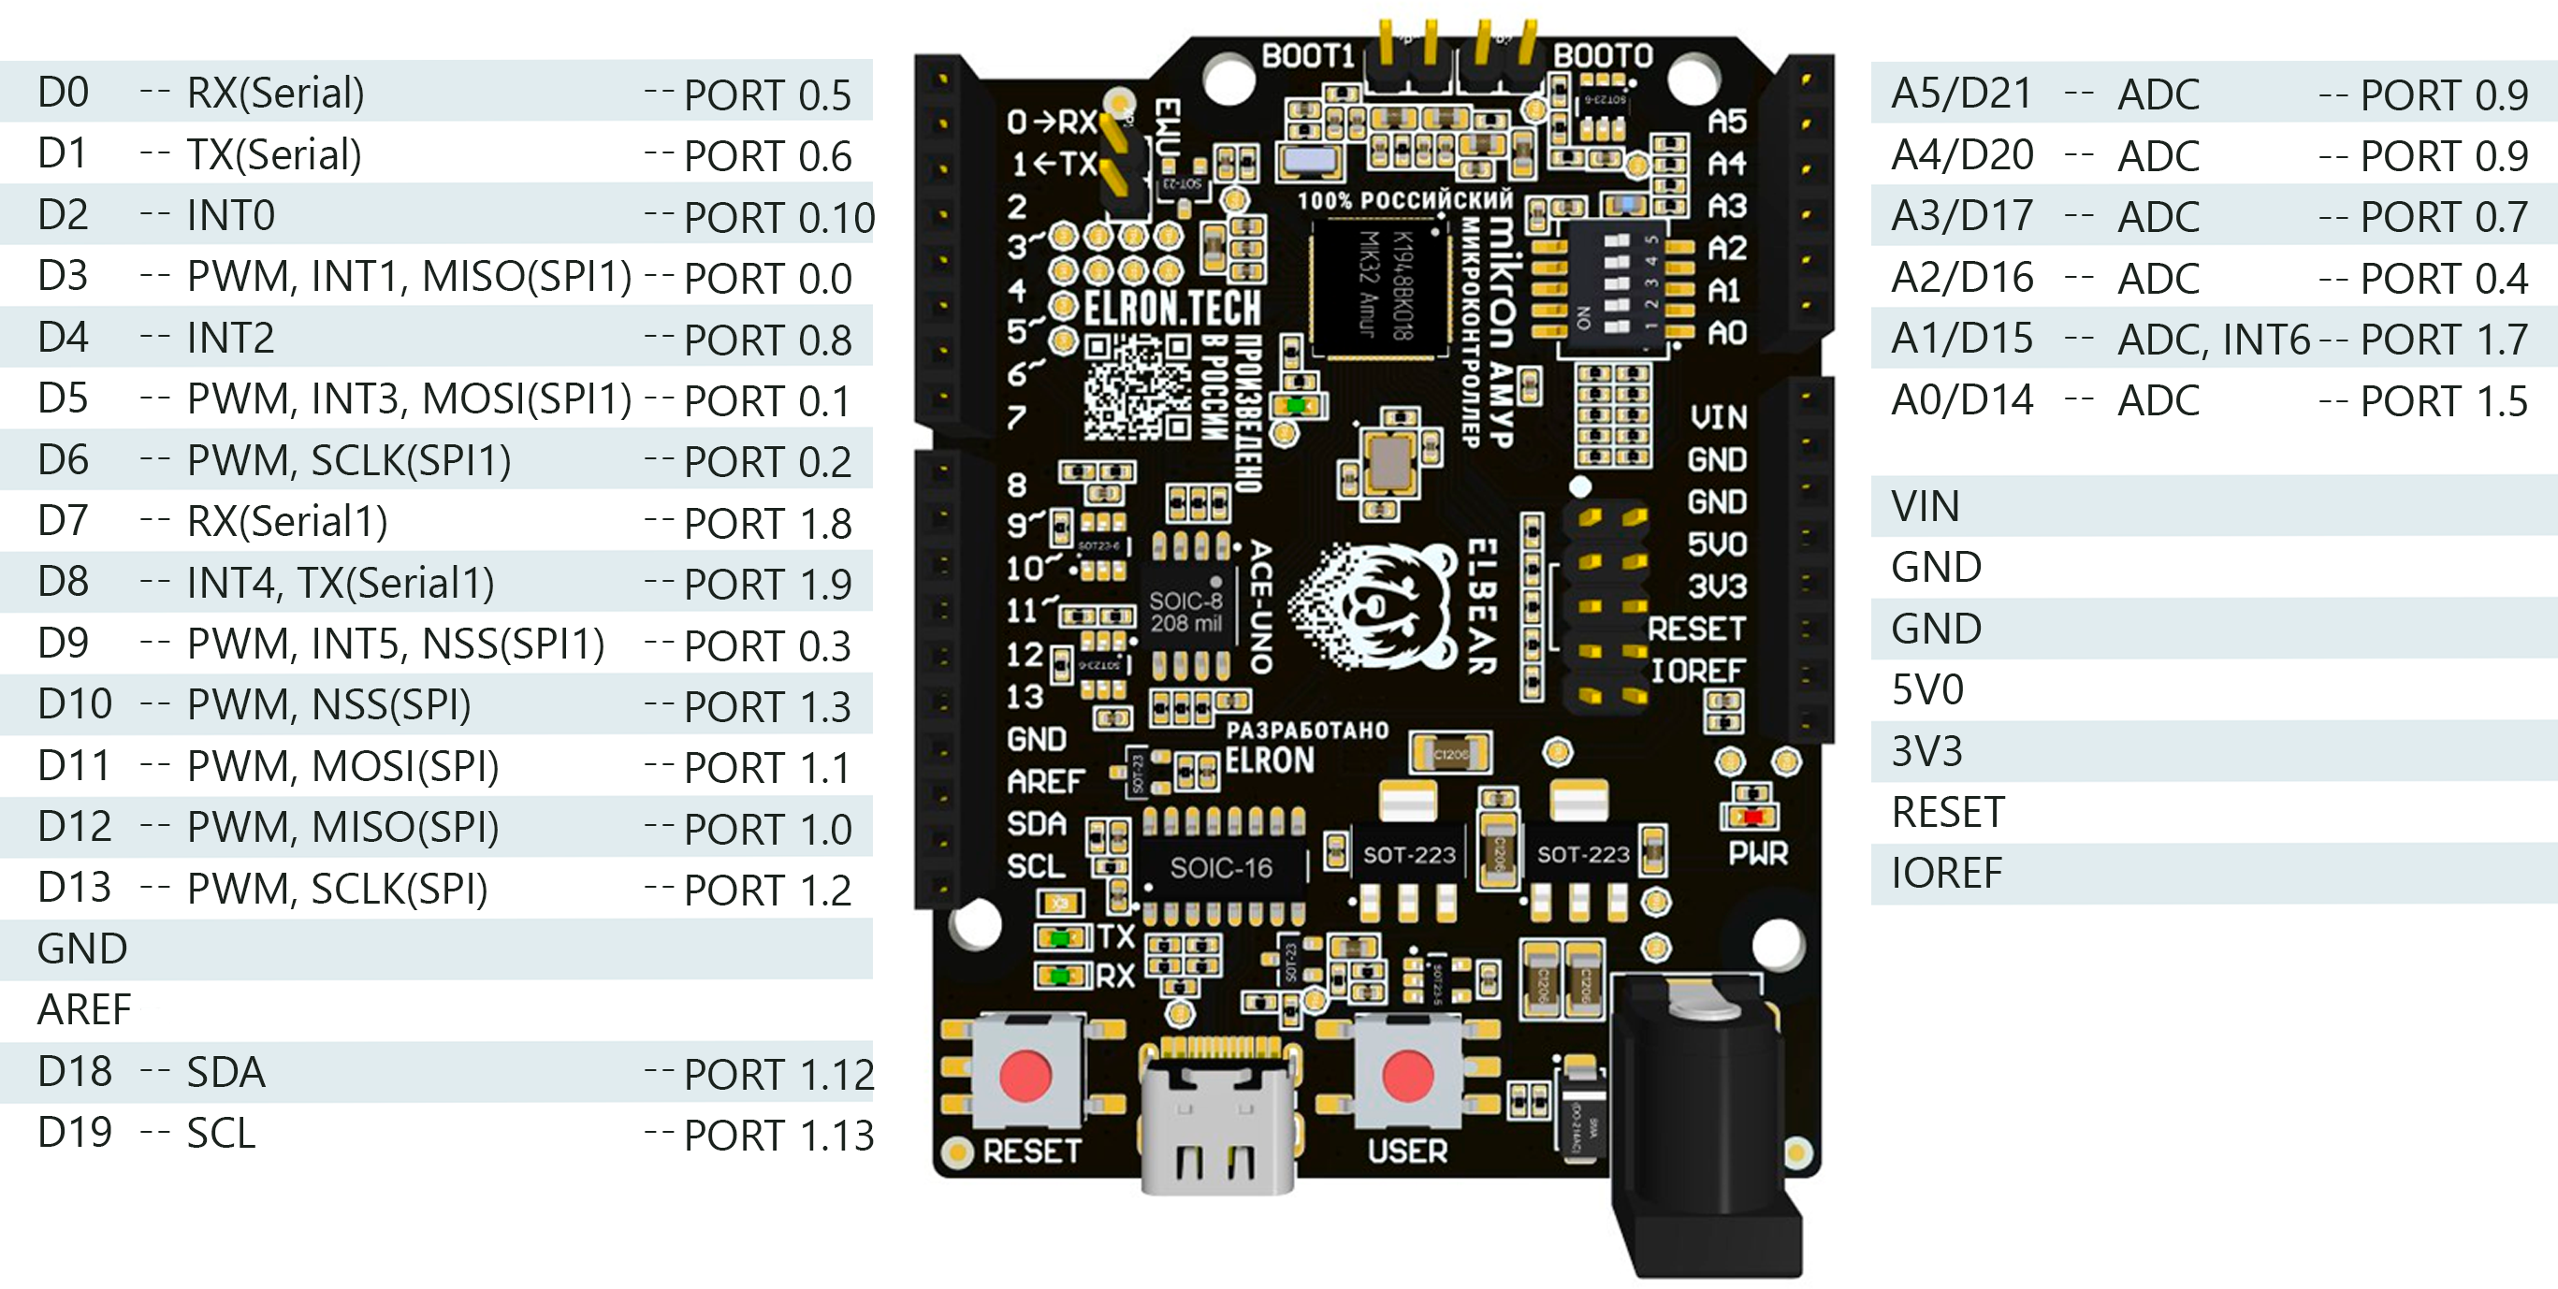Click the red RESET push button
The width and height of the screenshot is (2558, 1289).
click(x=1025, y=1076)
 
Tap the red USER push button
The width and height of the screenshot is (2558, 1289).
click(x=1407, y=1076)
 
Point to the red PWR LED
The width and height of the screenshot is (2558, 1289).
click(x=1752, y=817)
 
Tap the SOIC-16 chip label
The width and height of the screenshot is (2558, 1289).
click(x=1220, y=868)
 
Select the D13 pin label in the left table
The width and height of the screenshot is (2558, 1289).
click(x=74, y=888)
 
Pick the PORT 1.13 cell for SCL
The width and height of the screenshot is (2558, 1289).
click(x=778, y=1135)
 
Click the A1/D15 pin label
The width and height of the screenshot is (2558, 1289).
click(x=1961, y=339)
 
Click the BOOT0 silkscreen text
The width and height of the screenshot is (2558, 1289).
click(x=1603, y=55)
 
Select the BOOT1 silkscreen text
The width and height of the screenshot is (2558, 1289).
click(x=1307, y=55)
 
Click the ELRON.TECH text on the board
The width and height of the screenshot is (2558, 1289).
click(x=1171, y=309)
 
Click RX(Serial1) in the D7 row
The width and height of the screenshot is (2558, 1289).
click(x=287, y=521)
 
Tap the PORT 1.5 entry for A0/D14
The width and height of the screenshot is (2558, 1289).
click(x=2443, y=401)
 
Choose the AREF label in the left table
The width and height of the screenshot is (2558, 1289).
click(x=84, y=1010)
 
